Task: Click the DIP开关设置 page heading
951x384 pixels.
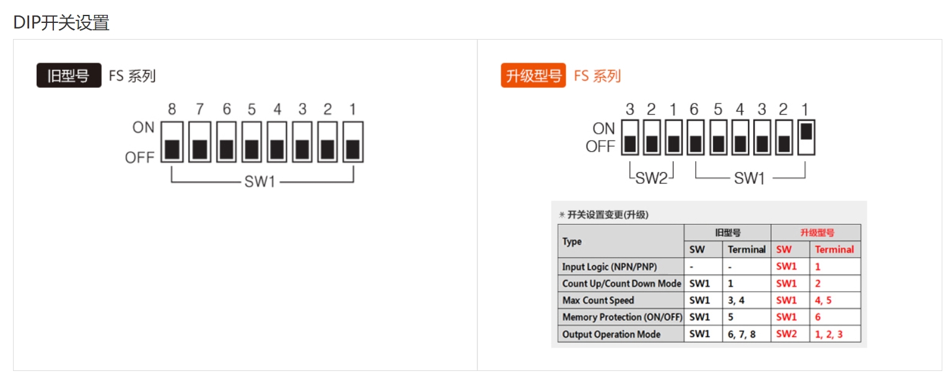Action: (61, 22)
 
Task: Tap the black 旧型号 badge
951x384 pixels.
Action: (69, 76)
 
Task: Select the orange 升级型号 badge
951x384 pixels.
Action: (533, 76)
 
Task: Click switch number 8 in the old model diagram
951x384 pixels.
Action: (172, 142)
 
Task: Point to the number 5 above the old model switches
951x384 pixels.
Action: (252, 110)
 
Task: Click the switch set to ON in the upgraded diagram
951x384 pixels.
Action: (806, 137)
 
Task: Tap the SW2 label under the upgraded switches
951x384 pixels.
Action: (651, 178)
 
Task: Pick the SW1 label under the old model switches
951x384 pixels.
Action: (260, 181)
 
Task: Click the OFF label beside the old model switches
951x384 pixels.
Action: (139, 157)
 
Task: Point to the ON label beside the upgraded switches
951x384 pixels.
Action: (603, 129)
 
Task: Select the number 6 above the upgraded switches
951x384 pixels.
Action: (694, 110)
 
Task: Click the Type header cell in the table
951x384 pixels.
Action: (572, 242)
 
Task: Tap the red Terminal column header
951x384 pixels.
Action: (835, 250)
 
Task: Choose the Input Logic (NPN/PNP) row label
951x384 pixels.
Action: (609, 266)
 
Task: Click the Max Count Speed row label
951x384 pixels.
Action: (598, 300)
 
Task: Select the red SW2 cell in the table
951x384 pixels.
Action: (786, 334)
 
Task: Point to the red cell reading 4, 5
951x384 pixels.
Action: (823, 300)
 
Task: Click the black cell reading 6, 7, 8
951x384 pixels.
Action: (741, 334)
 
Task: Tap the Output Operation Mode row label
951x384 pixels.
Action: (611, 334)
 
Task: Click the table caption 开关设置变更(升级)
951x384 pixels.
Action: (608, 215)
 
